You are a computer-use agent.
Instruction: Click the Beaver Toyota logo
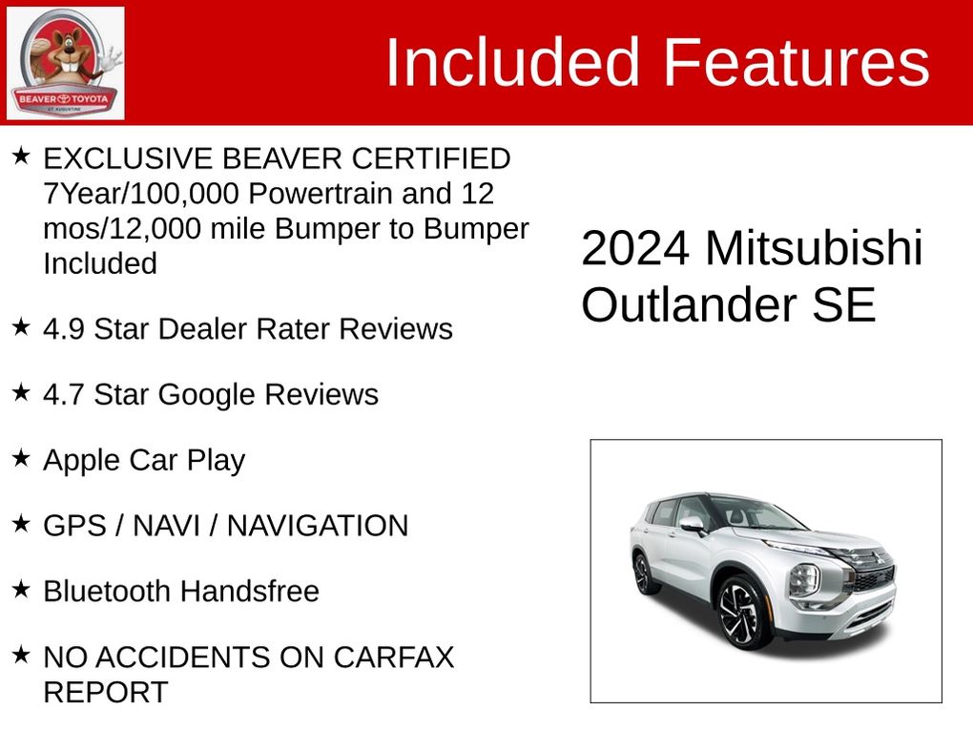point(65,63)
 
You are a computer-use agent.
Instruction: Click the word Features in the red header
point(797,62)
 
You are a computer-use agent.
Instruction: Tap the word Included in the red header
point(512,62)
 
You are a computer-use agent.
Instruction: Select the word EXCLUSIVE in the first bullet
point(128,159)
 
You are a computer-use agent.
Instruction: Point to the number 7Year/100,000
point(141,194)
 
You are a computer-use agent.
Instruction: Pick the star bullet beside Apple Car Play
point(21,458)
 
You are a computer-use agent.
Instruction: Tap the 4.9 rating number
point(64,329)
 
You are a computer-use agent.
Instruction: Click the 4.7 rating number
point(64,395)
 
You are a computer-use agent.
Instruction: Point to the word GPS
point(75,527)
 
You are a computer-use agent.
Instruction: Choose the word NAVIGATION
point(318,527)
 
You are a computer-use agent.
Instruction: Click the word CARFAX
point(393,657)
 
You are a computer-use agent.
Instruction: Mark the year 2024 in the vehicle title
point(634,248)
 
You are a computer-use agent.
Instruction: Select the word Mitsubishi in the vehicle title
point(814,248)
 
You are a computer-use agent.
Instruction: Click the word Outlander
point(689,304)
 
